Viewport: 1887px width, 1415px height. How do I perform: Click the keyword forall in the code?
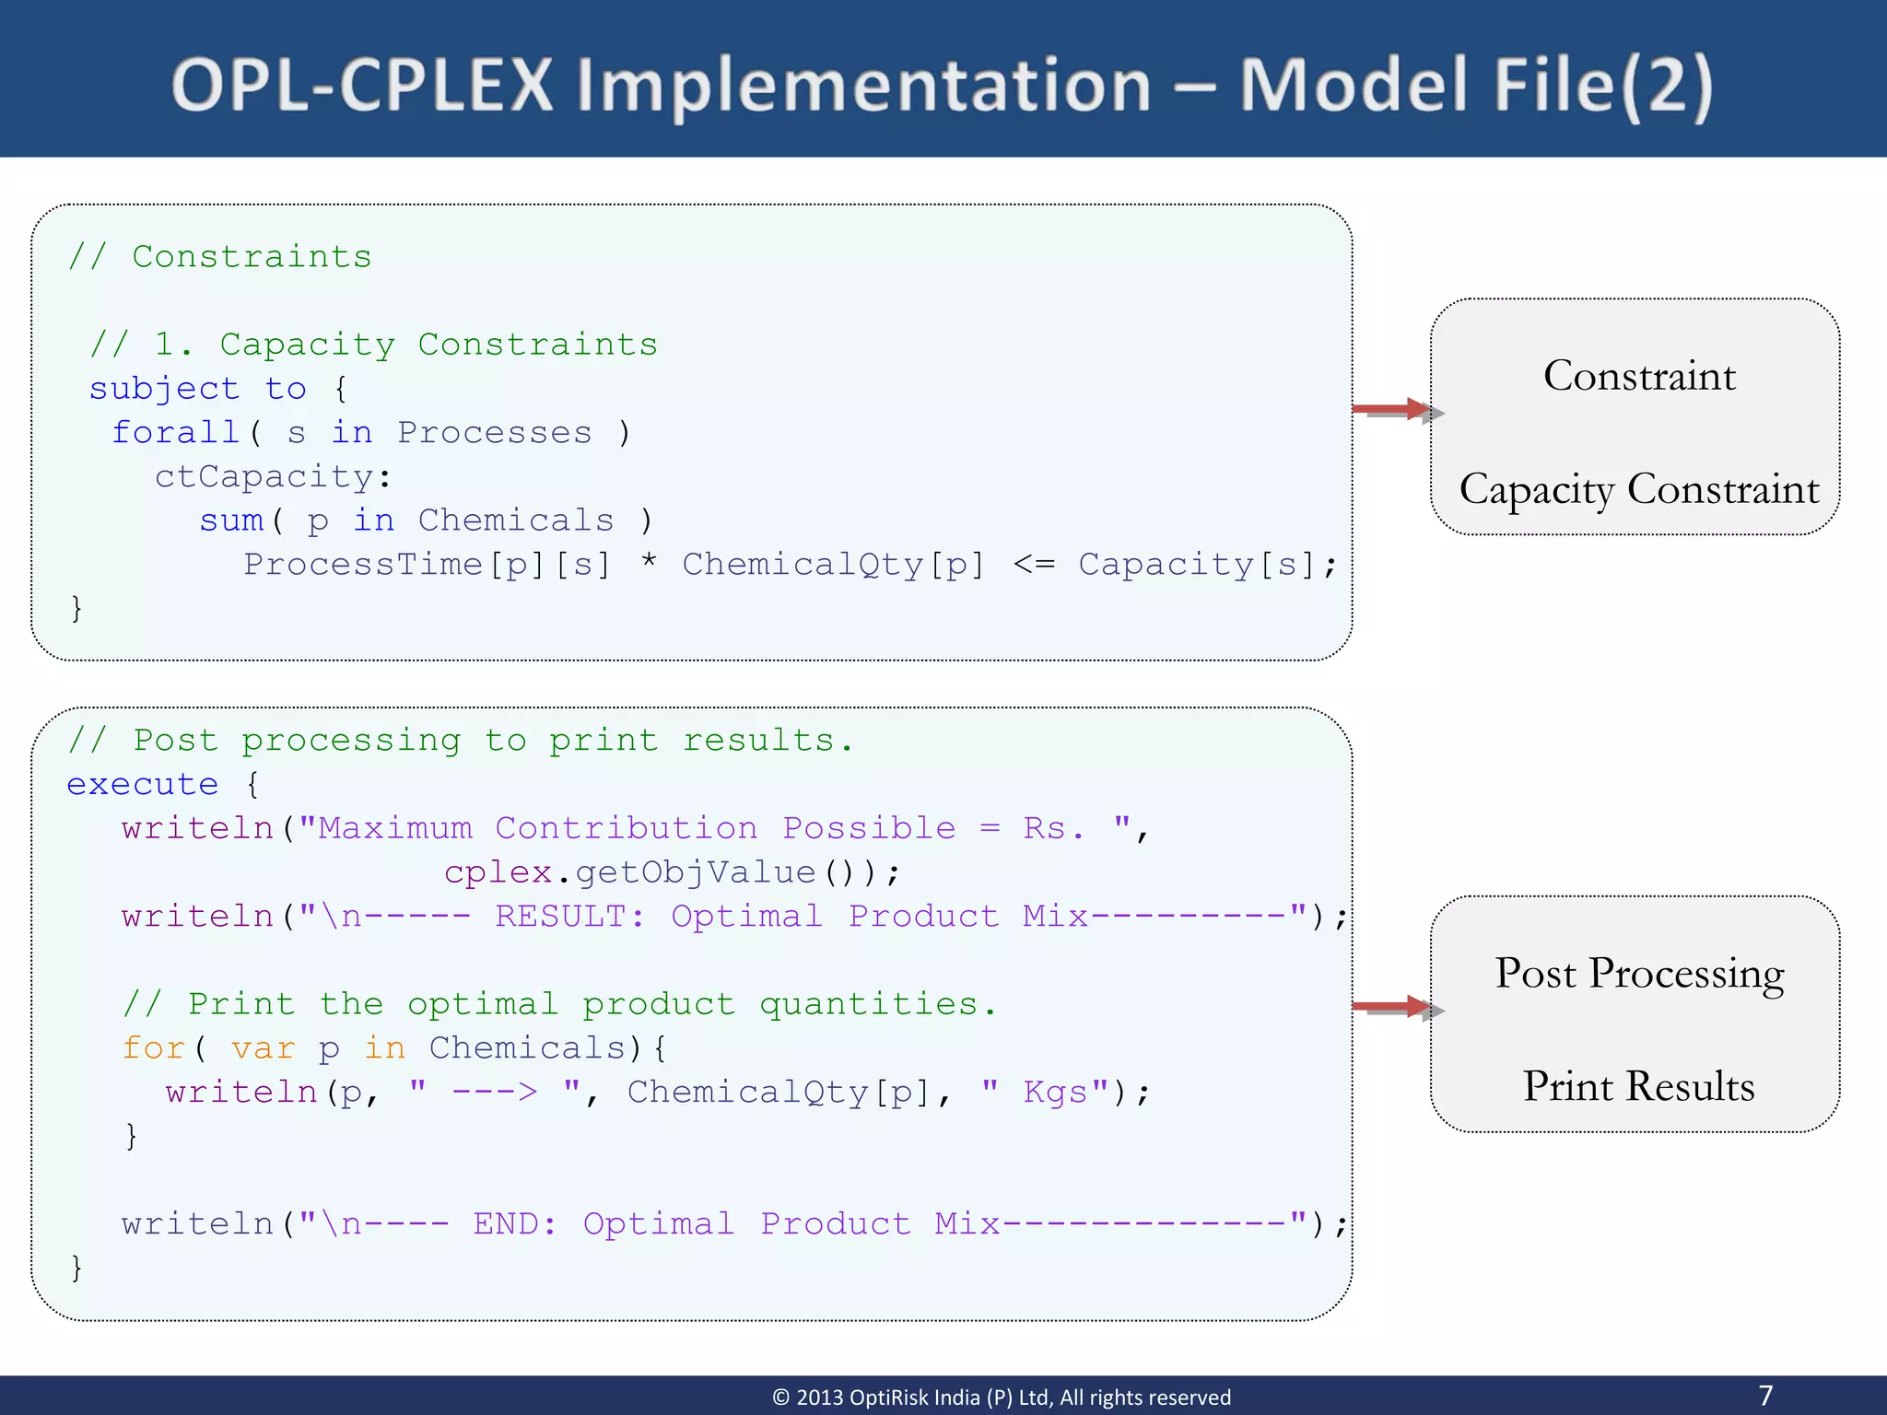(x=175, y=432)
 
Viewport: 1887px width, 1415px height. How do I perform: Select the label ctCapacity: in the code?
(x=273, y=476)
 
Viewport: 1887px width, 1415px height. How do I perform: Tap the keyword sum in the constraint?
(x=231, y=520)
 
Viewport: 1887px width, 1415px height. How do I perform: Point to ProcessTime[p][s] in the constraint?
(x=427, y=565)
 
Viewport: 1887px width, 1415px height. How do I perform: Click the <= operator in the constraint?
(x=1034, y=564)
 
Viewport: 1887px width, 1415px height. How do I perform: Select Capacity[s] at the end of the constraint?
(x=1197, y=565)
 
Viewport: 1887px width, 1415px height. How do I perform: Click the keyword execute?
(x=143, y=784)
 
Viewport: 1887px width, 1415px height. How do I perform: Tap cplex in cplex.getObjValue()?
(x=498, y=871)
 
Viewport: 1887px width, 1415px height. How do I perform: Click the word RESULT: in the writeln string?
(x=570, y=916)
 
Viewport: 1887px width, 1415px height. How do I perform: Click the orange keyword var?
(x=264, y=1048)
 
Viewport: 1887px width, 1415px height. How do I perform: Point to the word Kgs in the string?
(x=1055, y=1093)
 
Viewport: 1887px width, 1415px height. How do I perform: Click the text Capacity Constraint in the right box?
(x=1639, y=489)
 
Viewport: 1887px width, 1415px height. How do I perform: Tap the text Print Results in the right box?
(x=1638, y=1086)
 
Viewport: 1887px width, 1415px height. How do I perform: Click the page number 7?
(x=1765, y=1396)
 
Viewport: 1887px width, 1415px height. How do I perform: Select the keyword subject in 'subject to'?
(x=164, y=389)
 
